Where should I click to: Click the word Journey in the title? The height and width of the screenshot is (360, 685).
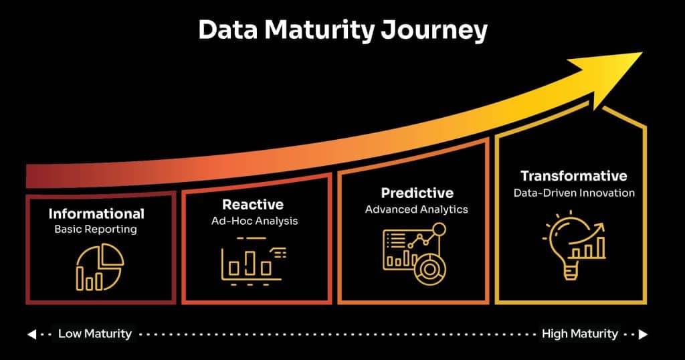pyautogui.click(x=433, y=31)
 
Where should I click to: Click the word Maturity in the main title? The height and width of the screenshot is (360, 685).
pyautogui.click(x=319, y=31)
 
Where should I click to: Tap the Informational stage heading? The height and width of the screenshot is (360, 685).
pyautogui.click(x=96, y=213)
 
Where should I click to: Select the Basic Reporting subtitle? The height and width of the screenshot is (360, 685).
pyautogui.click(x=96, y=230)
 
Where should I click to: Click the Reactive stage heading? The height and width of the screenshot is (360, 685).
pyautogui.click(x=253, y=205)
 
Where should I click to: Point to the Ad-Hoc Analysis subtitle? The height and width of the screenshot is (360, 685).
pyautogui.click(x=254, y=221)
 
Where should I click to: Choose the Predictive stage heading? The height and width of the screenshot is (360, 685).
pyautogui.click(x=417, y=193)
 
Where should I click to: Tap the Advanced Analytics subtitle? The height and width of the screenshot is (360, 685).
pyautogui.click(x=416, y=209)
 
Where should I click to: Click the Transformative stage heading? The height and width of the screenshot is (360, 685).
pyautogui.click(x=573, y=176)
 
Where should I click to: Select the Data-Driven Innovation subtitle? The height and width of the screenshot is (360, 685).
pyautogui.click(x=574, y=193)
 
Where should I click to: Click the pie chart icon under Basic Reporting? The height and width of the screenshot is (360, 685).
pyautogui.click(x=100, y=267)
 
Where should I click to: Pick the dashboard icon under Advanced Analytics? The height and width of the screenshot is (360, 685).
pyautogui.click(x=415, y=254)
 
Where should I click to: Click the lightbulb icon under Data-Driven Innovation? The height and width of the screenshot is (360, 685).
pyautogui.click(x=574, y=245)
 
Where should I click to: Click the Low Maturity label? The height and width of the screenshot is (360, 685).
pyautogui.click(x=95, y=334)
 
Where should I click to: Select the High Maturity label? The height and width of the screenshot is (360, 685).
pyautogui.click(x=580, y=334)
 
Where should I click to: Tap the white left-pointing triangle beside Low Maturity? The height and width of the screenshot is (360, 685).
pyautogui.click(x=31, y=335)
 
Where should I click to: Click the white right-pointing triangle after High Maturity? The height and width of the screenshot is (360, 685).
pyautogui.click(x=643, y=335)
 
